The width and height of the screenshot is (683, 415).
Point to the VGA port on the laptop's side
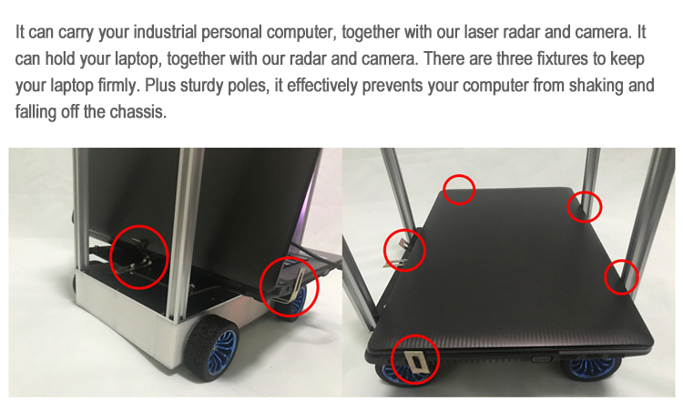542,359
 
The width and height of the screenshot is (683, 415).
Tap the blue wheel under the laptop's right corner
593,366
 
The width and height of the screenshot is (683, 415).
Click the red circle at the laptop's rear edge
459,190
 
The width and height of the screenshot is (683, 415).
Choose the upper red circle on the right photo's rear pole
585,207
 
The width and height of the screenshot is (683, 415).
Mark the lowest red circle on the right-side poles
621,277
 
